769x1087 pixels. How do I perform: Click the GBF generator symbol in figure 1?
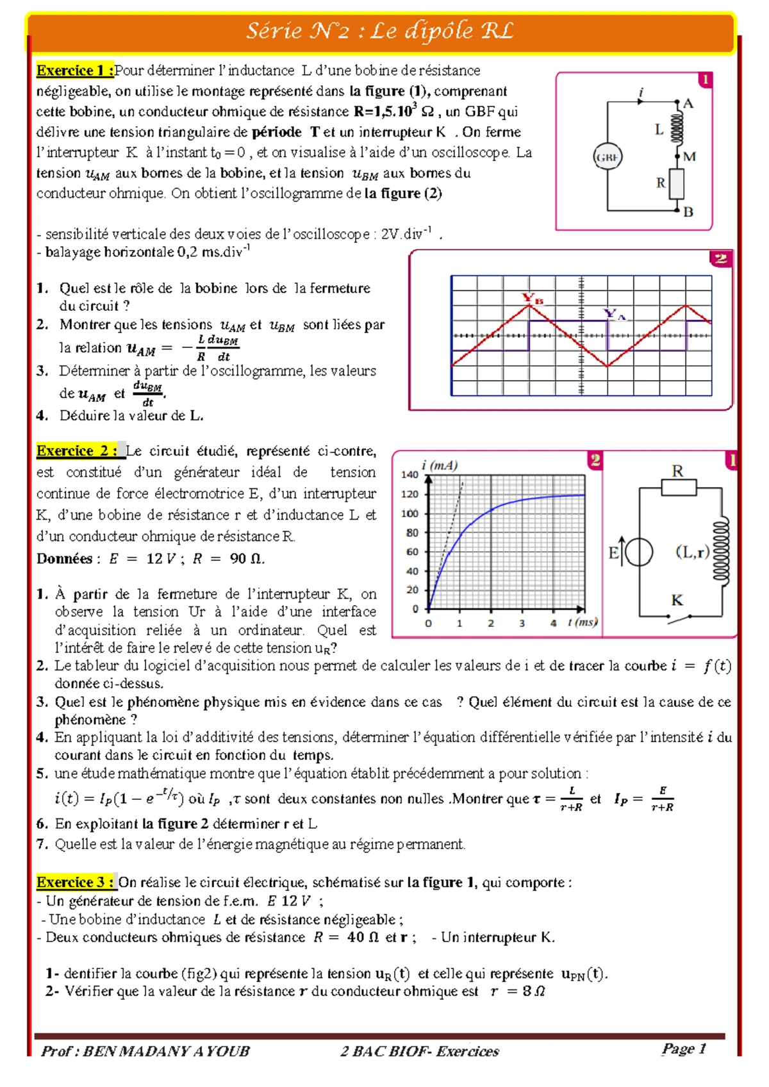607,157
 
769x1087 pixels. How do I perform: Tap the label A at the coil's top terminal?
688,104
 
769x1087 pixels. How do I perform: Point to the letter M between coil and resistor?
690,156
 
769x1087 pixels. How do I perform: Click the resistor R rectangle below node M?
677,183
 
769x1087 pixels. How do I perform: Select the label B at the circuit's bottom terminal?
688,212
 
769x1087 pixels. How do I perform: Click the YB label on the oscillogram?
533,298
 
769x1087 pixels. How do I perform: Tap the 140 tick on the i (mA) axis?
409,475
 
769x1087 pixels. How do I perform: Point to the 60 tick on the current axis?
412,552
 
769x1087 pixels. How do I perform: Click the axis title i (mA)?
440,465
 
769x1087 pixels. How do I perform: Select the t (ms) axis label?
583,622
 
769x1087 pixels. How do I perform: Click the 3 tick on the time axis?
522,623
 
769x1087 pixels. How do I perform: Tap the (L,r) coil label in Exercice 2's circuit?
693,552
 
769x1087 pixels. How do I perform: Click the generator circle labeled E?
639,552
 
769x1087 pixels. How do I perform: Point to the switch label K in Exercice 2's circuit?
677,601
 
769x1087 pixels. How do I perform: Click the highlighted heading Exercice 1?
75,71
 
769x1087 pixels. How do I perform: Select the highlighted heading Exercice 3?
76,883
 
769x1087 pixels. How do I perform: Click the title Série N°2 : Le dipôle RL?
381,31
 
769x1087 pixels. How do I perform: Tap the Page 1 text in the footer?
684,1049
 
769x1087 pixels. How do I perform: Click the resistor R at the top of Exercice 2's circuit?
679,488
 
